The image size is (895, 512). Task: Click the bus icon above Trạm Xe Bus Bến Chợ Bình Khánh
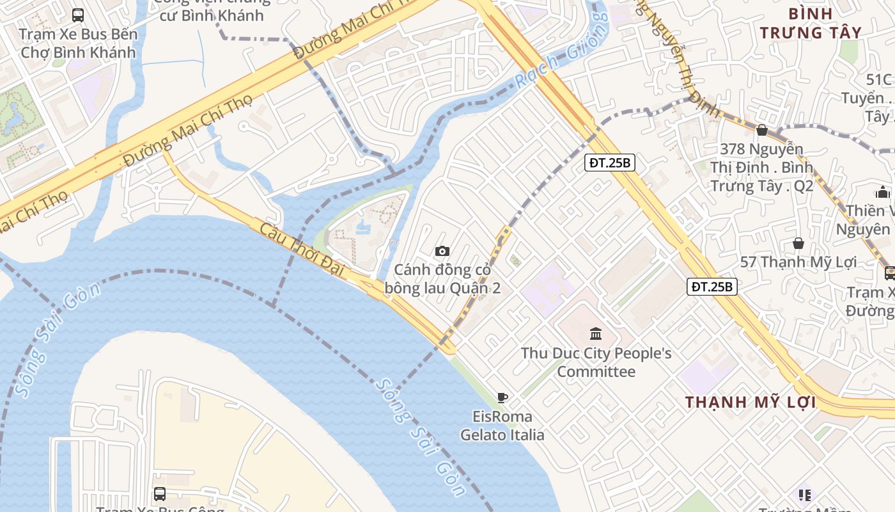(x=78, y=15)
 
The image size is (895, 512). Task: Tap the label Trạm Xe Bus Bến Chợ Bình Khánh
(x=78, y=43)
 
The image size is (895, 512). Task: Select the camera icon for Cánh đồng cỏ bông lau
(x=442, y=251)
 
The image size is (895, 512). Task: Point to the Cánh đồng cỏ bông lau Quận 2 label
(x=442, y=279)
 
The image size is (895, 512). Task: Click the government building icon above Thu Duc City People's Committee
(x=596, y=333)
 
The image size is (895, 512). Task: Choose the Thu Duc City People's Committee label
(x=596, y=362)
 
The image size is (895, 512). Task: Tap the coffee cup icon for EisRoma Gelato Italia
(x=502, y=397)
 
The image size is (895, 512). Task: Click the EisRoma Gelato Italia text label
(x=502, y=426)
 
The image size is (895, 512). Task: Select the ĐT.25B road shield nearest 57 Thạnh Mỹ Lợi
(x=713, y=287)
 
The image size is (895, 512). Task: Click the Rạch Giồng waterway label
(x=563, y=52)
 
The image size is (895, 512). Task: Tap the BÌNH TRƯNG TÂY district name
(x=811, y=23)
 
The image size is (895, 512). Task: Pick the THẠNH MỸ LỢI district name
(x=751, y=403)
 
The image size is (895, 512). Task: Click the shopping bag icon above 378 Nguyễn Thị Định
(x=761, y=130)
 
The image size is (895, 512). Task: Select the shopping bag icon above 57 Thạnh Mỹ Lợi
(x=798, y=243)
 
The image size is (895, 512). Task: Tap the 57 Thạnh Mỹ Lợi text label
(x=798, y=262)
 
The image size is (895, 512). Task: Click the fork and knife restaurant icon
(x=804, y=495)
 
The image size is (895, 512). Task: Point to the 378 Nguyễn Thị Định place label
(x=761, y=167)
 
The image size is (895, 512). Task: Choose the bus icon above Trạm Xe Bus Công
(x=160, y=493)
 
